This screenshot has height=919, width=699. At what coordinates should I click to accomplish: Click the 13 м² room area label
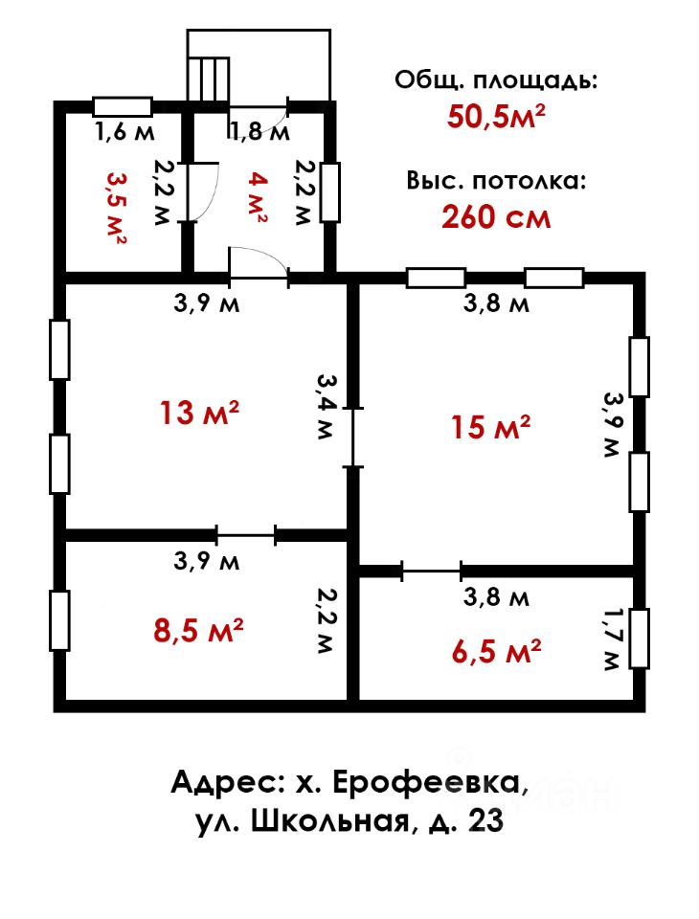pyautogui.click(x=199, y=413)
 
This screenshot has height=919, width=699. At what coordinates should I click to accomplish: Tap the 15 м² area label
pyautogui.click(x=491, y=426)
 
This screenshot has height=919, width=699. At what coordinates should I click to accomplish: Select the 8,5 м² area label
pyautogui.click(x=198, y=631)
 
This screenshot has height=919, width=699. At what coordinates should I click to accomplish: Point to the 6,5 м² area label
pyautogui.click(x=496, y=652)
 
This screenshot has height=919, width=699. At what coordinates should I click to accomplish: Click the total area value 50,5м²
pyautogui.click(x=496, y=116)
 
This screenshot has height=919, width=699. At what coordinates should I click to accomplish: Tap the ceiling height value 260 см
pyautogui.click(x=496, y=217)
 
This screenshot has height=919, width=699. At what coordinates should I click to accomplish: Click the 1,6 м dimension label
pyautogui.click(x=124, y=132)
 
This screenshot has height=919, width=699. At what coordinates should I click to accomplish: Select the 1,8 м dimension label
pyautogui.click(x=259, y=132)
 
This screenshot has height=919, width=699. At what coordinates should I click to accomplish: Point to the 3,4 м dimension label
pyautogui.click(x=325, y=406)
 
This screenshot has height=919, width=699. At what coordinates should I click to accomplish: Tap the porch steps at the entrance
pyautogui.click(x=208, y=79)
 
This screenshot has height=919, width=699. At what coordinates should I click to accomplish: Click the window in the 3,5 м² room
pyautogui.click(x=124, y=106)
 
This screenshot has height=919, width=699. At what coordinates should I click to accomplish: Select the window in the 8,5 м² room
pyautogui.click(x=59, y=620)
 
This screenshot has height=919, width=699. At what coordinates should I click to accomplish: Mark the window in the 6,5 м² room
pyautogui.click(x=640, y=639)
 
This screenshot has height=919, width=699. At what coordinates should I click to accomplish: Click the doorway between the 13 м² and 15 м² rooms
pyautogui.click(x=352, y=437)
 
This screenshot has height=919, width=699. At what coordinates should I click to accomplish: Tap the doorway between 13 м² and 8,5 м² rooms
pyautogui.click(x=246, y=534)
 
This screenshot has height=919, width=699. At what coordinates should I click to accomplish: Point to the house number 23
pyautogui.click(x=485, y=821)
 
